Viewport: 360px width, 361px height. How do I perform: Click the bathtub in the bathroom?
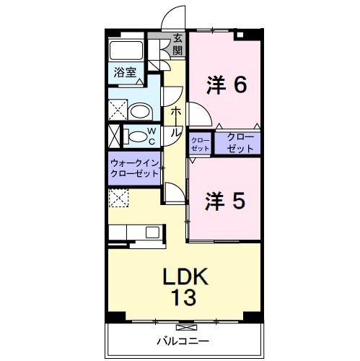coord(126,52)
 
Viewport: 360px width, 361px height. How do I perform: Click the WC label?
coord(152,135)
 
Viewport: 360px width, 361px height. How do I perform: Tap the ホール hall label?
coord(175,122)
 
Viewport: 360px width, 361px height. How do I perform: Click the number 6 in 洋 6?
coord(240,85)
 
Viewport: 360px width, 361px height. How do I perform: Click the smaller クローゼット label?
coord(200,142)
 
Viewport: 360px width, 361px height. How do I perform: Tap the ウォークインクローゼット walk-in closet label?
coord(135,169)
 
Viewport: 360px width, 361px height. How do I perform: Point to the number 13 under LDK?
coord(185,296)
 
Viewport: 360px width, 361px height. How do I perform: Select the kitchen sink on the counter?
coord(153,232)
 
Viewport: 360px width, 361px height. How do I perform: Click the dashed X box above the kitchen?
coord(118,197)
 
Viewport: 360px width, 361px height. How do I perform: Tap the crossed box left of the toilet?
coord(114,135)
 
